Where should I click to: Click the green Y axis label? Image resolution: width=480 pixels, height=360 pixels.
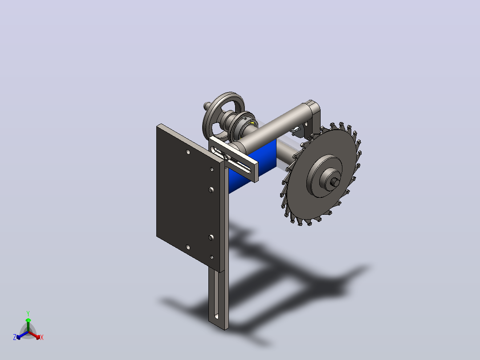tap(28, 313)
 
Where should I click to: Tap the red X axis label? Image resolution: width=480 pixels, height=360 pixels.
tap(42, 337)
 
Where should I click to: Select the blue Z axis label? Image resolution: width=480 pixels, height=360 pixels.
tap(14, 337)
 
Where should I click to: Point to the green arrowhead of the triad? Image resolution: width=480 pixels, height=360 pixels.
tap(28, 320)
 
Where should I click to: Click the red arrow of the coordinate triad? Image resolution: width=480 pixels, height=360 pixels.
tap(34, 335)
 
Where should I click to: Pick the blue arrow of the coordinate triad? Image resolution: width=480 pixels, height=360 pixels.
tap(22, 335)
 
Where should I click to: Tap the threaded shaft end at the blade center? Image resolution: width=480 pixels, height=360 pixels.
tap(335, 182)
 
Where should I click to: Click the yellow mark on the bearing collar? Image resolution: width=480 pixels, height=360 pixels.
tap(252, 123)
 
